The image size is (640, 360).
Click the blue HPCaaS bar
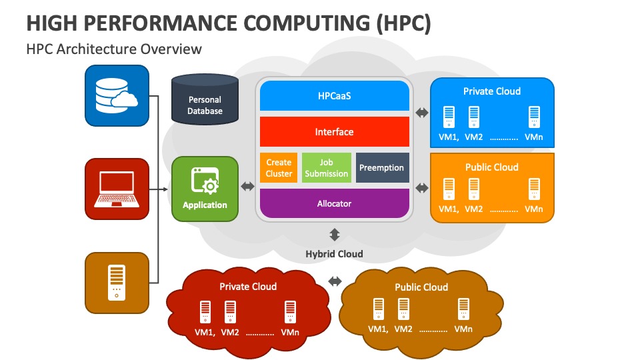334,96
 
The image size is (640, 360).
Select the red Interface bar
334,132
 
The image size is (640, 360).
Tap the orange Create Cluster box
279,168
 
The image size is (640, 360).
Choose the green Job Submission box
326,168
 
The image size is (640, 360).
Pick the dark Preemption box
381,168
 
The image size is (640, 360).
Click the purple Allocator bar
334,203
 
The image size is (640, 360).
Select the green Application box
205,189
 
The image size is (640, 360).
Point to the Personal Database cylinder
205,101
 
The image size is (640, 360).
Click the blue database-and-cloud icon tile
117,96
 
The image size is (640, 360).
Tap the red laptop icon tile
117,189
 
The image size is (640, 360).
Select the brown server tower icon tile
117,282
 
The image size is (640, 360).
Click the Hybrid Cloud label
334,254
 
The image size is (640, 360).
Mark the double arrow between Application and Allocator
247,187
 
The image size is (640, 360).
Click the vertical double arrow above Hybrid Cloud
334,235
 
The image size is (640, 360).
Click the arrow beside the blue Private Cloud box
422,113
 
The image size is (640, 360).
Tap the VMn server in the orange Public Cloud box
534,189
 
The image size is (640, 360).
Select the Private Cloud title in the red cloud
248,287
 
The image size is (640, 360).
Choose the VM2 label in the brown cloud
403,329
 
